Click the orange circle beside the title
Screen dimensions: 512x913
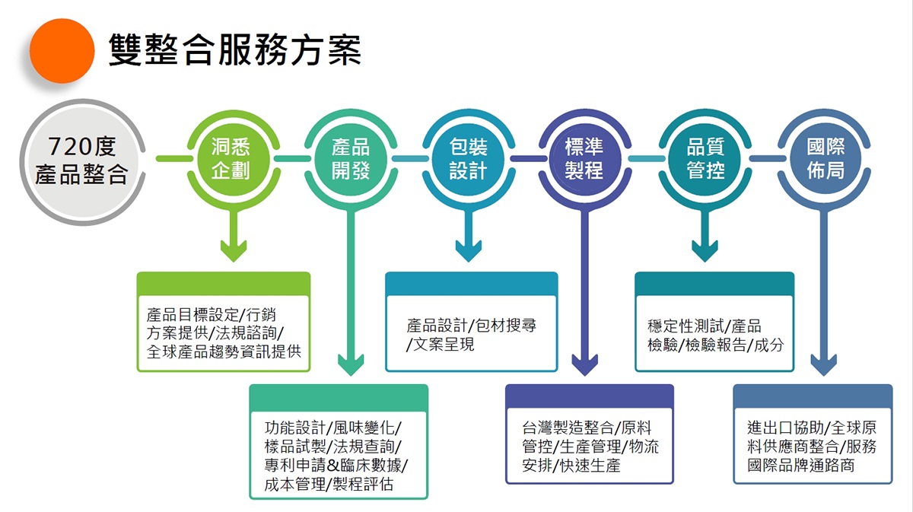click(x=62, y=51)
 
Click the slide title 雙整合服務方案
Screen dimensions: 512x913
click(x=234, y=49)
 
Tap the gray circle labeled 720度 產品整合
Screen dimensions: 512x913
click(x=81, y=161)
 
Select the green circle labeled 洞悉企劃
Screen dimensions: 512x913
click(x=231, y=159)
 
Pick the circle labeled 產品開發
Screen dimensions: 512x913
click(x=350, y=159)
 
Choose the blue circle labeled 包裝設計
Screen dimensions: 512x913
click(x=468, y=159)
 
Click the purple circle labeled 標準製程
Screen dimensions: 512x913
click(x=584, y=159)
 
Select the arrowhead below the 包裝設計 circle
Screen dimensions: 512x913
click(x=469, y=251)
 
